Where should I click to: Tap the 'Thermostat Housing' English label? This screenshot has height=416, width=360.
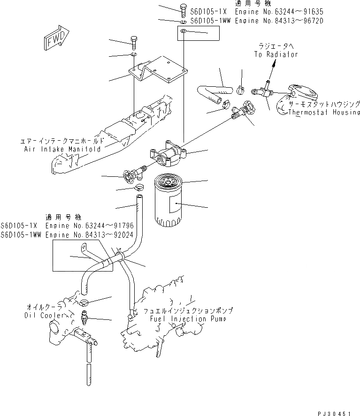coord(324,113)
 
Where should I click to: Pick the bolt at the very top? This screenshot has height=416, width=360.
coord(183,8)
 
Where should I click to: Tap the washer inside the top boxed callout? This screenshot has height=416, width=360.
coord(184,32)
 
